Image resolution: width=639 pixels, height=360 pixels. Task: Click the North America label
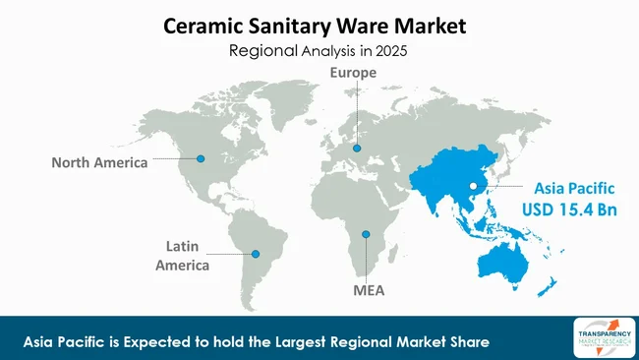point(99,161)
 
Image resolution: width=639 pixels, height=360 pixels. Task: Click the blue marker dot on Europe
point(357,149)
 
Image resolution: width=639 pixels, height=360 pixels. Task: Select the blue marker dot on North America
point(202,157)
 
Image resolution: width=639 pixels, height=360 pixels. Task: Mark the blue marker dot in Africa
point(366,234)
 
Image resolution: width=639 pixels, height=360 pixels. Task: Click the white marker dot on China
point(473,185)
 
